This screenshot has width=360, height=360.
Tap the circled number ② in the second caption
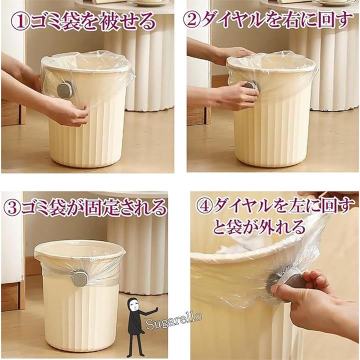coord(192,19)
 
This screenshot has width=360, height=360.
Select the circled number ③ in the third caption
coord(12,207)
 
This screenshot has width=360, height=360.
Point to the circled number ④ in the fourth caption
coord(204,206)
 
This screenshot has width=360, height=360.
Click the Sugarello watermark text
coord(174,320)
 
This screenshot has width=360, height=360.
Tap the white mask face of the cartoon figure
coord(133,305)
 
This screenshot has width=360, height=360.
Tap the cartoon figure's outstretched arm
coord(149,311)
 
